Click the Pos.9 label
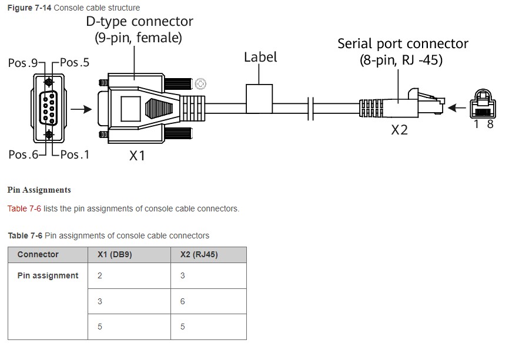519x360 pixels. pyautogui.click(x=23, y=63)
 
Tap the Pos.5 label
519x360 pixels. pyautogui.click(x=75, y=62)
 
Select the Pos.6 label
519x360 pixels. pyautogui.click(x=23, y=154)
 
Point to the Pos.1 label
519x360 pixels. pyautogui.click(x=75, y=154)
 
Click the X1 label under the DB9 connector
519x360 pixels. pyautogui.click(x=137, y=156)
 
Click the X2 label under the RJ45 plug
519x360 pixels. pyautogui.click(x=399, y=130)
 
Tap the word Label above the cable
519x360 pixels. pyautogui.click(x=260, y=57)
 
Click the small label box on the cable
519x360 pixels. pyautogui.click(x=259, y=99)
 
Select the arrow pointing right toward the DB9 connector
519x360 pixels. pyautogui.click(x=81, y=109)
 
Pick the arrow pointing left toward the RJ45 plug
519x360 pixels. pyautogui.click(x=457, y=108)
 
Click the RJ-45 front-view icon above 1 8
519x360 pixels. pyautogui.click(x=483, y=103)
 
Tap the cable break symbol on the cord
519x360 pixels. pyautogui.click(x=310, y=109)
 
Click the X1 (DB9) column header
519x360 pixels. pyautogui.click(x=115, y=254)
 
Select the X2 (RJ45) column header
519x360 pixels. pyautogui.click(x=199, y=254)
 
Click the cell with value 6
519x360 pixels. pyautogui.click(x=209, y=301)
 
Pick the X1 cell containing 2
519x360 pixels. pyautogui.click(x=129, y=275)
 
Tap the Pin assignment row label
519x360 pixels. pyautogui.click(x=48, y=275)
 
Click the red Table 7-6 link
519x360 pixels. pyautogui.click(x=24, y=208)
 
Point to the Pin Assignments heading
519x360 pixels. pyautogui.click(x=39, y=190)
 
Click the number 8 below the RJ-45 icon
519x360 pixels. pyautogui.click(x=490, y=125)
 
